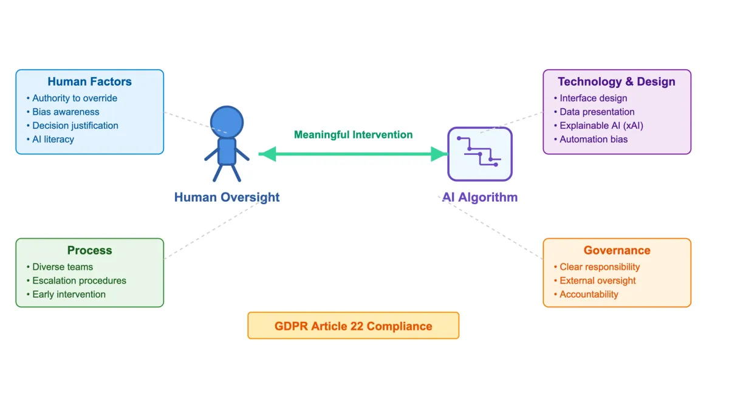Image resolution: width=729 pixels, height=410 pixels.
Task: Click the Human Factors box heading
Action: [89, 81]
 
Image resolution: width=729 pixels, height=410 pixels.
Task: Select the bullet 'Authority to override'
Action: [74, 98]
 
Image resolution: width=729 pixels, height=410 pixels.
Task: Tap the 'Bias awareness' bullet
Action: [66, 112]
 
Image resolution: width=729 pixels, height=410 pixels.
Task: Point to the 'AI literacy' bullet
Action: [53, 139]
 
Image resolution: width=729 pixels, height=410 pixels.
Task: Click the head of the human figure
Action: [227, 121]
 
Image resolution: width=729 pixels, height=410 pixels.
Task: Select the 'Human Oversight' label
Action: [227, 197]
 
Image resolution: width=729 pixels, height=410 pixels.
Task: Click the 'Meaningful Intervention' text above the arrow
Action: [353, 135]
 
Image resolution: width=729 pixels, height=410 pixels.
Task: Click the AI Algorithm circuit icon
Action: [480, 154]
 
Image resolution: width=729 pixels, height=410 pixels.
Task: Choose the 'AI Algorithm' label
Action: [479, 197]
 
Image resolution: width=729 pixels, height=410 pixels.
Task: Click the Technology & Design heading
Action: [616, 81]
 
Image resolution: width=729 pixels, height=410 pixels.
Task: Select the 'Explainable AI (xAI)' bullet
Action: [601, 126]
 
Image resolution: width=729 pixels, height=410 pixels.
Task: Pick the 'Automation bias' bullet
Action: [593, 139]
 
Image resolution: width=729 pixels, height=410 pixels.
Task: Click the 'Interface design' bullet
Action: [593, 98]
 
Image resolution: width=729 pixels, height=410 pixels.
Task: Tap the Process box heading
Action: [89, 250]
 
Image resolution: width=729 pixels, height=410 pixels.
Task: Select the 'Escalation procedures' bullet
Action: [79, 281]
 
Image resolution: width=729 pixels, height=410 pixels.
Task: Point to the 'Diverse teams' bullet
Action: [62, 267]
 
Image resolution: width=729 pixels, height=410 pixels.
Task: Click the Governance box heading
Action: [617, 250]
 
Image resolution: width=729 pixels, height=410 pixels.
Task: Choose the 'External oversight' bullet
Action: [597, 281]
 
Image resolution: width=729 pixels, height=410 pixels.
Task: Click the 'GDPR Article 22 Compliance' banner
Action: [353, 326]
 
